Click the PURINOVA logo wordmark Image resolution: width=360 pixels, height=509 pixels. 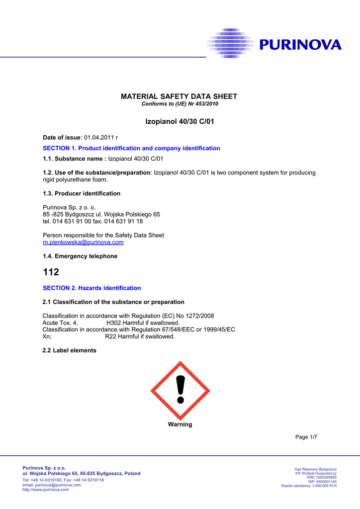click(x=300, y=45)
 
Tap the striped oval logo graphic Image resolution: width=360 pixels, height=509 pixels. click(x=230, y=44)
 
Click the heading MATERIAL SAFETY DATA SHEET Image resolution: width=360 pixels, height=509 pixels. click(x=180, y=96)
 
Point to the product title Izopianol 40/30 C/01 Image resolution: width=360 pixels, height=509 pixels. click(x=180, y=121)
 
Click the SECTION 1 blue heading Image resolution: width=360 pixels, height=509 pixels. click(x=131, y=148)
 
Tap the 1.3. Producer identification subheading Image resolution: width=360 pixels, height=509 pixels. click(x=82, y=193)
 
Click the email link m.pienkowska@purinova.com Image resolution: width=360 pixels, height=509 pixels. click(x=83, y=242)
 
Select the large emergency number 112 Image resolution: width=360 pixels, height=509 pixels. click(x=51, y=272)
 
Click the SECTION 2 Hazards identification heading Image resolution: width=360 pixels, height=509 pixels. click(x=92, y=288)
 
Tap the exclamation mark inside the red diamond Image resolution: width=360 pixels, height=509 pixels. click(x=180, y=390)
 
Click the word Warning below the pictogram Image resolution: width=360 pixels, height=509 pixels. click(x=180, y=424)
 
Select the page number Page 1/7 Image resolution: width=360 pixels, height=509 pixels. click(x=306, y=437)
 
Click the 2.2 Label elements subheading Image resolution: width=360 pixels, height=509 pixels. click(x=70, y=350)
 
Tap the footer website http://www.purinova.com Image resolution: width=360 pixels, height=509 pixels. click(x=46, y=490)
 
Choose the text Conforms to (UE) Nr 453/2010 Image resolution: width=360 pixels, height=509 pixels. click(x=180, y=104)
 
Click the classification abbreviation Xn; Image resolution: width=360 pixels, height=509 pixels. click(x=47, y=337)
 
